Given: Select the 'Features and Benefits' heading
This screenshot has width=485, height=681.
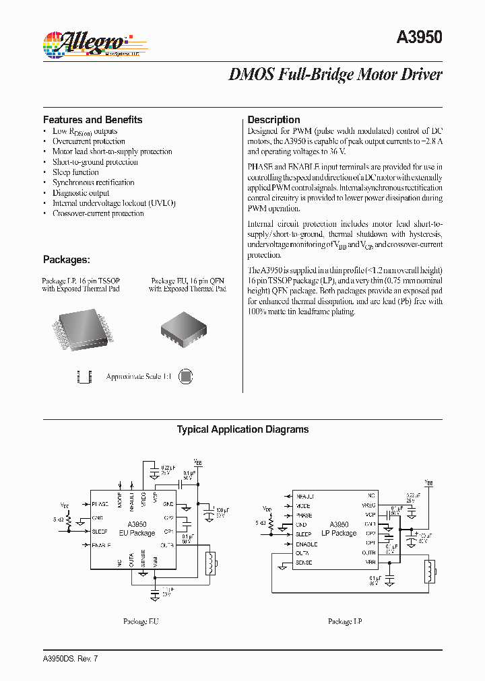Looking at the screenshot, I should click(92, 120).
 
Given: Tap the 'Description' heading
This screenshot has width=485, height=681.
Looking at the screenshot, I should click(273, 120).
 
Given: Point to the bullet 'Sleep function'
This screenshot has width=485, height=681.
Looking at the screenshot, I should click(75, 172).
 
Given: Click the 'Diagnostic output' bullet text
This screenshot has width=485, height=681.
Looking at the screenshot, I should click(81, 193).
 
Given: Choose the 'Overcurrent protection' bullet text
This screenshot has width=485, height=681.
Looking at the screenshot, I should click(88, 141).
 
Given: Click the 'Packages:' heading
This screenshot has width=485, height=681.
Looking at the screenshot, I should click(66, 260).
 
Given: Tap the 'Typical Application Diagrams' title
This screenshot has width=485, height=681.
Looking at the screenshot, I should click(243, 429).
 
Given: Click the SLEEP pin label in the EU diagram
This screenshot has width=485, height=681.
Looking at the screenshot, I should click(100, 531).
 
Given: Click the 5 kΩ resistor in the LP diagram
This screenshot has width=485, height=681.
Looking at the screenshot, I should click(270, 523).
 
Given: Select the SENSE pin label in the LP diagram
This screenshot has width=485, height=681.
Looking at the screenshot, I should click(304, 561).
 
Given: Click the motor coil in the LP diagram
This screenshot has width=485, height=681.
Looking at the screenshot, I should click(428, 571).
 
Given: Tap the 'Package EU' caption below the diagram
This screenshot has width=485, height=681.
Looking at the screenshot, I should click(140, 622).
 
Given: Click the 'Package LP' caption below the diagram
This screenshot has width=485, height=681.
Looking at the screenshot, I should click(345, 622).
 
